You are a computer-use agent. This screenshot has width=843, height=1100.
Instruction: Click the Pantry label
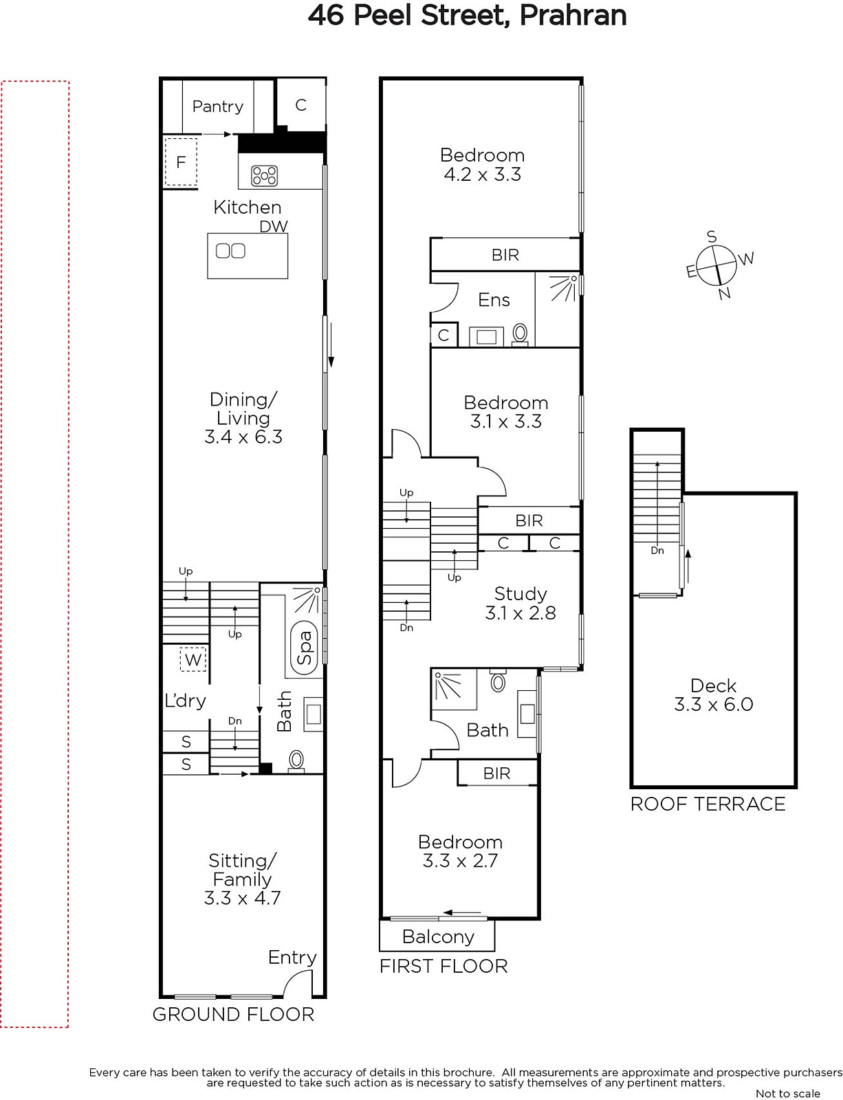click(218, 107)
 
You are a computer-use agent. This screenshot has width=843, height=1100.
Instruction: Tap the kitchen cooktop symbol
click(264, 175)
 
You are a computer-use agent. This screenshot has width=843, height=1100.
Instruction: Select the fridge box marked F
click(180, 162)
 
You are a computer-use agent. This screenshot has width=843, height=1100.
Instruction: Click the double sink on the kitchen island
click(230, 250)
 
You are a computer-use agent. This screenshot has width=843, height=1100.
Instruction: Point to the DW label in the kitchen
click(274, 226)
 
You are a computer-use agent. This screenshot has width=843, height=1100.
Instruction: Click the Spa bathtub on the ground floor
click(305, 648)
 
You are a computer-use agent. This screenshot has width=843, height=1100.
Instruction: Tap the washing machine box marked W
click(193, 659)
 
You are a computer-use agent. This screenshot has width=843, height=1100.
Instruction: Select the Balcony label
click(438, 936)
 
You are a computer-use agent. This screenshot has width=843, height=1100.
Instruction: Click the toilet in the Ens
click(520, 334)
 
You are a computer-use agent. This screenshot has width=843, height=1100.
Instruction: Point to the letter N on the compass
click(725, 293)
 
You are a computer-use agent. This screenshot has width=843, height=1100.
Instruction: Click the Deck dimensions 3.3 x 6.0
click(713, 705)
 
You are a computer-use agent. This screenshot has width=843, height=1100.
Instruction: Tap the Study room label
click(521, 593)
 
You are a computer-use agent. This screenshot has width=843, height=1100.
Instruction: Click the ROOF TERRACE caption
click(708, 804)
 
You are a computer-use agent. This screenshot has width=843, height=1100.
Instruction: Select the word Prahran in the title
click(573, 15)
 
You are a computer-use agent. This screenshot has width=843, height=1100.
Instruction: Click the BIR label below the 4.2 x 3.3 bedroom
click(505, 254)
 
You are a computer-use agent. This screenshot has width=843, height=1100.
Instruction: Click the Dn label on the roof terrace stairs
click(657, 550)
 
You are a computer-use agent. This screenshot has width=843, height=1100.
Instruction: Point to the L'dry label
click(185, 701)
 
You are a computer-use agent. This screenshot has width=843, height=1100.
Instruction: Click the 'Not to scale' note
click(788, 1093)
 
